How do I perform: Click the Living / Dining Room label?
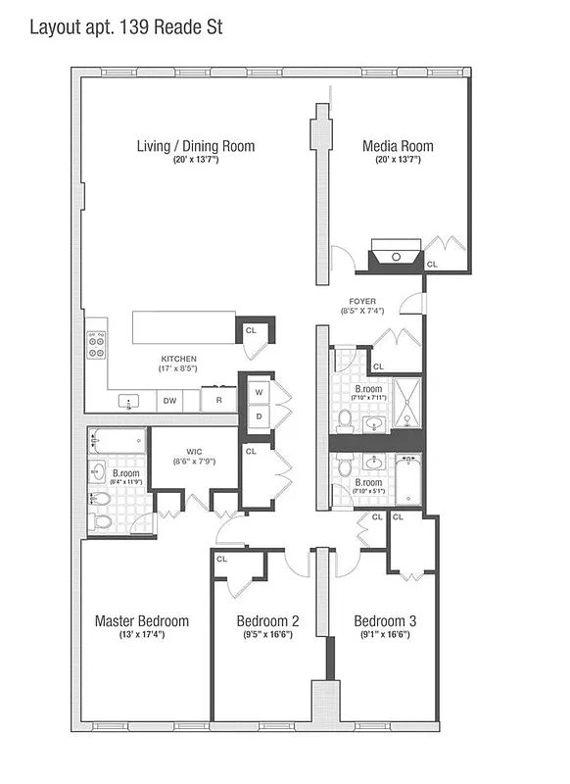tap(195, 147)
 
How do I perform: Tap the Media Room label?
tap(398, 147)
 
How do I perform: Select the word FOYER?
tap(362, 301)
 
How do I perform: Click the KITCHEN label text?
tap(179, 359)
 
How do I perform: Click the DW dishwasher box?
tap(169, 400)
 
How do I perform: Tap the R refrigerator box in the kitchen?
tap(217, 400)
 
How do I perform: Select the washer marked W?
tap(259, 392)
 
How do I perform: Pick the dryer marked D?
tap(259, 415)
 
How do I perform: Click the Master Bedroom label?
tap(141, 621)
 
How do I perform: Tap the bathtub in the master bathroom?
tap(117, 440)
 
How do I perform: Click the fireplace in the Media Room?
tap(395, 257)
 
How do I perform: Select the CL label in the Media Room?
tap(433, 264)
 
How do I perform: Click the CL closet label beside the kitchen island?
tap(251, 331)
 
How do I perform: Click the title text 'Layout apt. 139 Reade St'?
tap(125, 26)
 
